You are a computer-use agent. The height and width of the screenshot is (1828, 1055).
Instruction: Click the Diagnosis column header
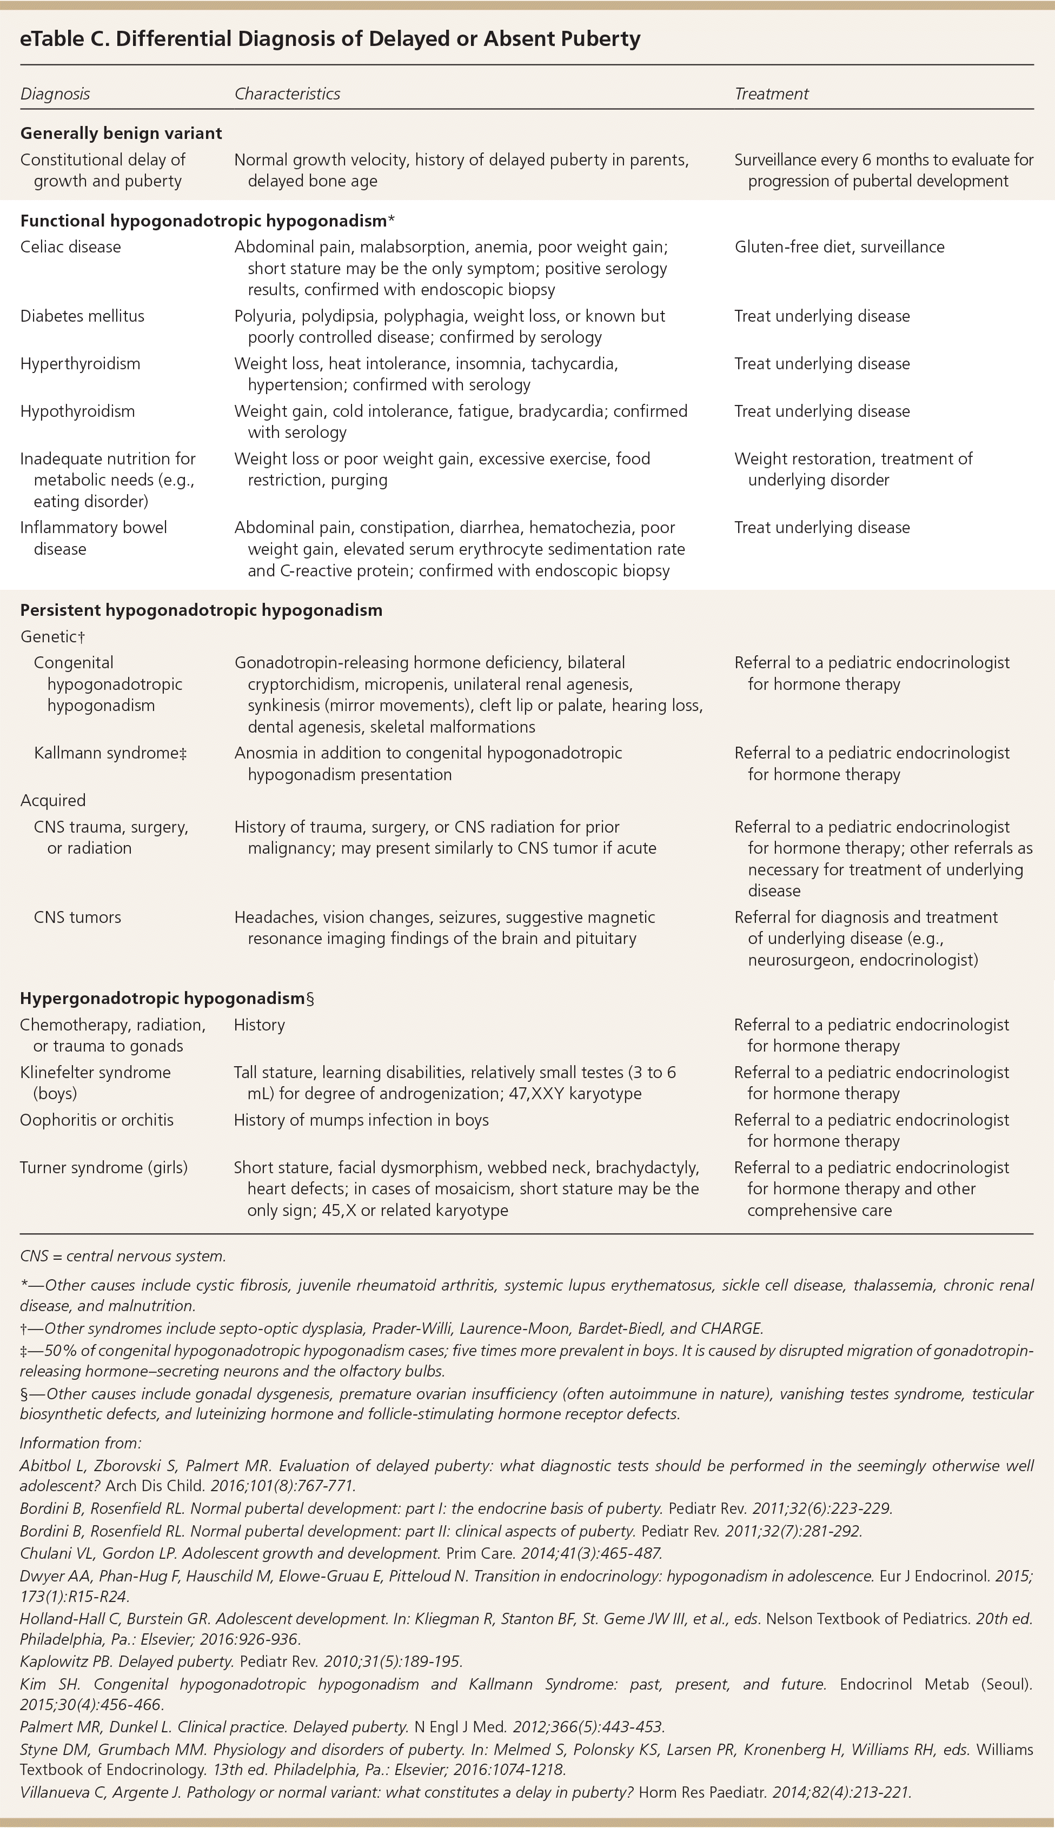pyautogui.click(x=55, y=94)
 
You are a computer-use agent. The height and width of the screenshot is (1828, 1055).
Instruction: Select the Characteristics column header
pyautogui.click(x=287, y=94)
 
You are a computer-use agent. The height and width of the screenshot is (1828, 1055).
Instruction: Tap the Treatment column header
pyautogui.click(x=771, y=94)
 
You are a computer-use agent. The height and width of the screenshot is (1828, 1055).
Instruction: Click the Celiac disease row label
pyautogui.click(x=70, y=247)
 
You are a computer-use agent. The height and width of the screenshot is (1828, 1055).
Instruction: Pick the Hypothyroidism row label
pyautogui.click(x=77, y=411)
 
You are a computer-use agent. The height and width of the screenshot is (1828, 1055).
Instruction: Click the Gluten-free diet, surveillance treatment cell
pyautogui.click(x=839, y=247)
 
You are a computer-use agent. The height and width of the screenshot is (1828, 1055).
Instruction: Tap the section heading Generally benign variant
pyautogui.click(x=121, y=133)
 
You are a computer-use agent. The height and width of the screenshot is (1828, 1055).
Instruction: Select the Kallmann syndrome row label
pyautogui.click(x=110, y=753)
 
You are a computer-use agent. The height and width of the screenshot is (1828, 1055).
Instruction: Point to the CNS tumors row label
pyautogui.click(x=77, y=917)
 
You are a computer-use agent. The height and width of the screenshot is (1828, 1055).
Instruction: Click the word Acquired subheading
pyautogui.click(x=53, y=800)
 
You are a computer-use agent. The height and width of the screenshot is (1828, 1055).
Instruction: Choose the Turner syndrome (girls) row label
pyautogui.click(x=104, y=1167)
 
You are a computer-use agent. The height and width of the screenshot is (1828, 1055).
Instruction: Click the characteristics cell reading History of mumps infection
pyautogui.click(x=361, y=1120)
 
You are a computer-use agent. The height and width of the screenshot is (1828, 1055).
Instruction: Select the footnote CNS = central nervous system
pyautogui.click(x=123, y=1256)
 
